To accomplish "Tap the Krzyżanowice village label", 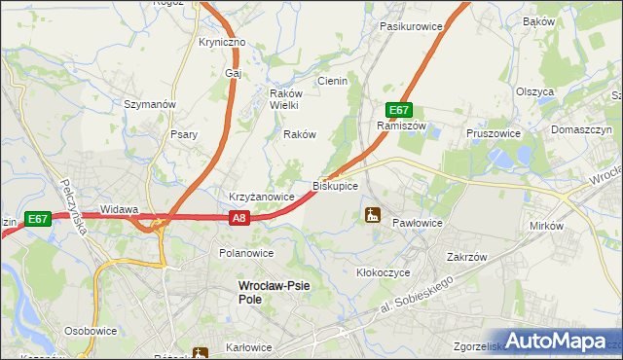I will [262, 197].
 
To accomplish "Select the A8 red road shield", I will [241, 219].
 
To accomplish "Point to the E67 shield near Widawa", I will [39, 219].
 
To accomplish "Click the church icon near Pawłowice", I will [372, 214].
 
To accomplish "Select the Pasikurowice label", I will [411, 26].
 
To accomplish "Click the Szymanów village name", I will [149, 103].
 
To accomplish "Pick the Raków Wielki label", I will [288, 99].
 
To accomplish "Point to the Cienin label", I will [332, 82].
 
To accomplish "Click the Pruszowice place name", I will [494, 133].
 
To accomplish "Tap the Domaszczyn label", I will [581, 129].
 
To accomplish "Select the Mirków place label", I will [547, 226].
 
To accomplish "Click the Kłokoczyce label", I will [384, 273].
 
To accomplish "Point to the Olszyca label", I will [535, 91].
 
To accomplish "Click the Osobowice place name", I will [91, 331].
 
